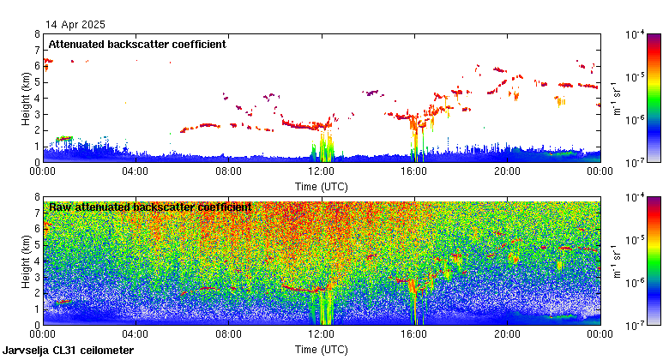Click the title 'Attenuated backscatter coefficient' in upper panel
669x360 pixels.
[x=137, y=44]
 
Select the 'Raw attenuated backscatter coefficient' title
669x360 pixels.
[x=150, y=207]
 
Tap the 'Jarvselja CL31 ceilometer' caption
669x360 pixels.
[x=69, y=351]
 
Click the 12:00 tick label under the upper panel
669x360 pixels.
[x=321, y=170]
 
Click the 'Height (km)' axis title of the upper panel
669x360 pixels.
[x=27, y=98]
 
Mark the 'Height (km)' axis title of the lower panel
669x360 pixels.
[x=27, y=261]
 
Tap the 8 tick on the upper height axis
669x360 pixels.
[x=37, y=34]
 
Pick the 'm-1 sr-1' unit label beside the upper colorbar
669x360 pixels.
[x=617, y=98]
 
